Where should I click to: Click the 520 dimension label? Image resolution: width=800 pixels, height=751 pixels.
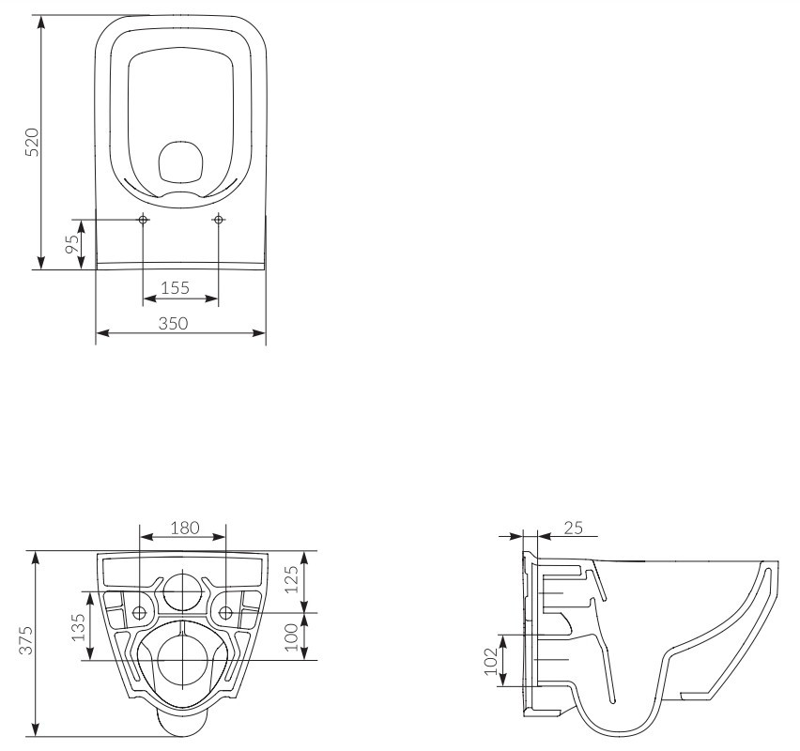click(x=32, y=143)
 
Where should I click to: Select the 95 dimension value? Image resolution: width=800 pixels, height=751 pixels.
click(x=73, y=243)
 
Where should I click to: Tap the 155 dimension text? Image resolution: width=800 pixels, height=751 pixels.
click(x=175, y=288)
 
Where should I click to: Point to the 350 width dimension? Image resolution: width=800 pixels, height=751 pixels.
click(x=173, y=324)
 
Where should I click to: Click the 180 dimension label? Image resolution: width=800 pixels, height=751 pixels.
click(x=185, y=528)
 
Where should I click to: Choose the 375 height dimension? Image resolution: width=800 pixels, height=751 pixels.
click(x=25, y=640)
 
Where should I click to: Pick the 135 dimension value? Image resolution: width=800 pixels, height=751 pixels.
click(x=78, y=627)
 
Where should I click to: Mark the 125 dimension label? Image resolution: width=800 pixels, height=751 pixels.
click(x=290, y=579)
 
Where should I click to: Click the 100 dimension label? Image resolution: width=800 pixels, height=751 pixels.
click(x=290, y=637)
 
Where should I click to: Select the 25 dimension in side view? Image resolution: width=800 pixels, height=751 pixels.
click(x=574, y=528)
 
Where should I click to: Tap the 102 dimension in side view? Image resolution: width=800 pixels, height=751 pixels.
click(x=490, y=661)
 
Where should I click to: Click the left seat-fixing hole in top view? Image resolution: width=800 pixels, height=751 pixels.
click(x=144, y=220)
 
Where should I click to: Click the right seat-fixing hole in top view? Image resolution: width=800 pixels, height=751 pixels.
click(x=219, y=220)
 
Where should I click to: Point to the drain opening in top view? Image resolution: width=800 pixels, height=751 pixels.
click(x=181, y=162)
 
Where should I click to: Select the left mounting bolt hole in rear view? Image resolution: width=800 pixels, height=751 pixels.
click(x=139, y=613)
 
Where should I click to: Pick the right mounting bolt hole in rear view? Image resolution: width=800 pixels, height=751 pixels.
click(x=225, y=613)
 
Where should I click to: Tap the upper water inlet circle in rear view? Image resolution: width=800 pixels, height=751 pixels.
click(x=182, y=591)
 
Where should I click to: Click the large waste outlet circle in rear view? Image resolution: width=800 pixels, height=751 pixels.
click(x=182, y=660)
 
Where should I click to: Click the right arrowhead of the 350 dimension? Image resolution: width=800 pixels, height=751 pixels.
click(x=258, y=333)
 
